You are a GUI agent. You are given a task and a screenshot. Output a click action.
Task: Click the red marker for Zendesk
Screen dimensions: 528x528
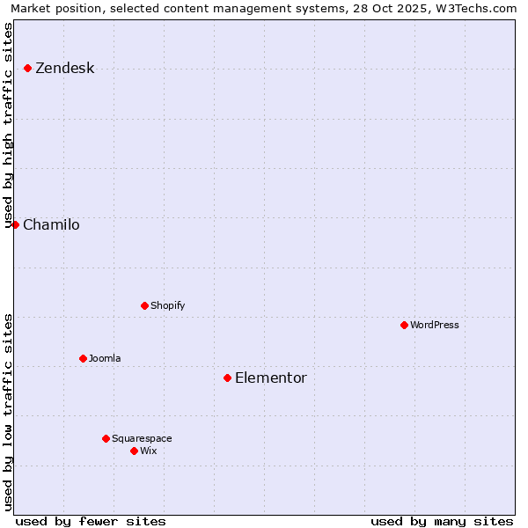tap(27, 68)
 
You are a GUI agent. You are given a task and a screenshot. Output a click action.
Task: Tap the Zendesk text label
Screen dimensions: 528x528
tap(64, 69)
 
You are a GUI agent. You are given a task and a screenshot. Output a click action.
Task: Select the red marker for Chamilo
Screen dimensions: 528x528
tap(15, 224)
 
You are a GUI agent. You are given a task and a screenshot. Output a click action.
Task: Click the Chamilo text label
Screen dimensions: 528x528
tap(51, 225)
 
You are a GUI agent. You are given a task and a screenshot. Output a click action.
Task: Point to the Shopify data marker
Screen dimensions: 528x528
tap(144, 305)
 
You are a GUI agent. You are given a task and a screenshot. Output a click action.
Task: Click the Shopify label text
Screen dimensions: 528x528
tap(167, 306)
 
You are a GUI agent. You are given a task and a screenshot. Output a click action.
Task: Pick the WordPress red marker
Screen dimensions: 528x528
tap(404, 325)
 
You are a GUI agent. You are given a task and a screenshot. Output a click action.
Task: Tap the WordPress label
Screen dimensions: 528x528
tap(434, 326)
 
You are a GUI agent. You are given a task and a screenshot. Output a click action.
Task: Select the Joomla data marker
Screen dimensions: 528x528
tap(83, 358)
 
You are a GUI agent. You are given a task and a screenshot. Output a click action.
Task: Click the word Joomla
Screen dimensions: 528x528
tap(105, 359)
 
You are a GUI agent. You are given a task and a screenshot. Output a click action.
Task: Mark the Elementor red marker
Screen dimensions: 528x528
tap(227, 378)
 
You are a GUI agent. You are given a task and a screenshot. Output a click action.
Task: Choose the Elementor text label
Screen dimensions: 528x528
tap(270, 378)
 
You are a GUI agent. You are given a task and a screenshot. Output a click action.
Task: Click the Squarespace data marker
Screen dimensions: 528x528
tap(106, 438)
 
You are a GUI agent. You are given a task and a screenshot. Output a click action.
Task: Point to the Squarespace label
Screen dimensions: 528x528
tap(142, 439)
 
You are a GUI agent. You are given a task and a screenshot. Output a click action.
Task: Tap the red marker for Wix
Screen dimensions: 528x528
tap(134, 451)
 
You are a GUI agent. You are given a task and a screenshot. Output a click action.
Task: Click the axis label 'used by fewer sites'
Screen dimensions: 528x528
tap(91, 521)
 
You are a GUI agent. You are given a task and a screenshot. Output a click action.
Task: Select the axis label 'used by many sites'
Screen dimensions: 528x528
tap(442, 521)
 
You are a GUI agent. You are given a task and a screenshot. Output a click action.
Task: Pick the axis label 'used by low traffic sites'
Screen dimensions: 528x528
tap(9, 412)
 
